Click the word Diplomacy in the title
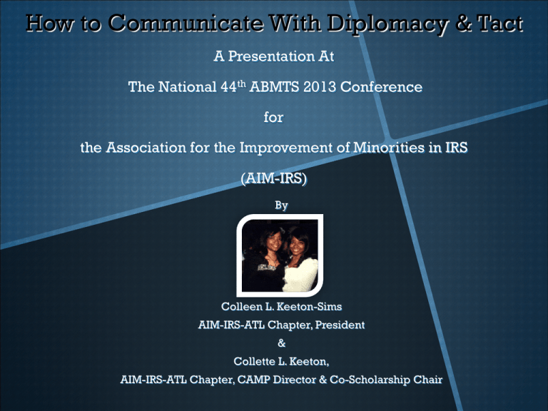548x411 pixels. pos(387,24)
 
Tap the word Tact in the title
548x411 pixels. pos(500,24)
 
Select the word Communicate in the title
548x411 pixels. pos(186,24)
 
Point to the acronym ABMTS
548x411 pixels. pos(274,86)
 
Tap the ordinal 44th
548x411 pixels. pos(233,86)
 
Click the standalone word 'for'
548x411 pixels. pos(274,117)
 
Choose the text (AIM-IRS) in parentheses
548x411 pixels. pos(274,178)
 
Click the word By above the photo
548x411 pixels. pos(281,205)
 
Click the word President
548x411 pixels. pos(340,325)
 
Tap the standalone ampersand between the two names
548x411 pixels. pos(281,343)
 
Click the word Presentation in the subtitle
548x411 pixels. pos(271,56)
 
